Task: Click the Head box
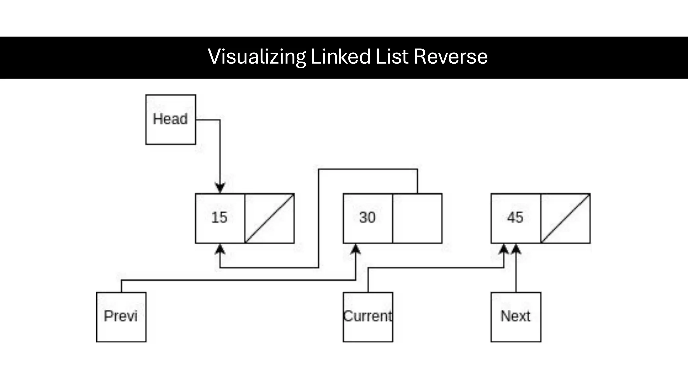tap(171, 120)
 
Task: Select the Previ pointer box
tap(121, 317)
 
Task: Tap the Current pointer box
tap(368, 317)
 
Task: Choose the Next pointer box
tap(516, 317)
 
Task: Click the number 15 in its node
tap(219, 218)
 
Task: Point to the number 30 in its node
tap(367, 218)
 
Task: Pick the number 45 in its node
tap(515, 218)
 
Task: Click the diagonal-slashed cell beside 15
tap(269, 218)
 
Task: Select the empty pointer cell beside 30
tap(417, 218)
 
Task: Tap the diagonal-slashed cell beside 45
tap(565, 218)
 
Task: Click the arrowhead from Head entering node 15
tap(220, 188)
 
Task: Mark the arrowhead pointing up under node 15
tap(220, 249)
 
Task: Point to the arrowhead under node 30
tap(356, 249)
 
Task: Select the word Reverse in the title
tap(450, 56)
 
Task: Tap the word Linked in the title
tap(340, 56)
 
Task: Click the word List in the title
tap(392, 56)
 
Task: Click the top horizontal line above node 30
tap(368, 169)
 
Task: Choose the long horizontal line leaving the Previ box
tap(235, 280)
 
